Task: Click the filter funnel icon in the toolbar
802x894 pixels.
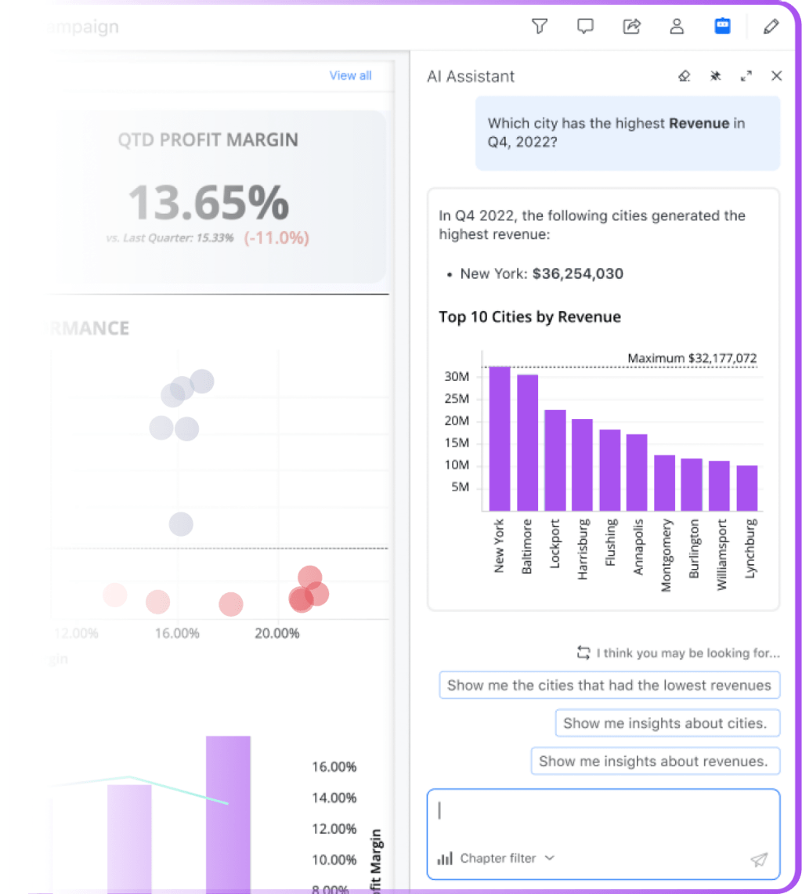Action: [x=539, y=27]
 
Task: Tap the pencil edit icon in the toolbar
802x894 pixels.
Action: [x=771, y=27]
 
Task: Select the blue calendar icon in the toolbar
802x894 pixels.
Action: [x=722, y=27]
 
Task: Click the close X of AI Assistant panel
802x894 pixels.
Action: [x=776, y=76]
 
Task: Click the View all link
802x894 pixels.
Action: [x=350, y=75]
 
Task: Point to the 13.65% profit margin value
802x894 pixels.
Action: [x=208, y=202]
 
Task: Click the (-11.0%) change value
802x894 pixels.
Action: [x=276, y=238]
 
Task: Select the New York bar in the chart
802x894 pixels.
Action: [x=500, y=439]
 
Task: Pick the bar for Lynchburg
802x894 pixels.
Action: [x=746, y=488]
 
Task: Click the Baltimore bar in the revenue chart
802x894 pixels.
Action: [x=527, y=443]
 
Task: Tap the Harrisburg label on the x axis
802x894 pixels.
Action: [x=582, y=548]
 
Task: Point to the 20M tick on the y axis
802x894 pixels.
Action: [x=456, y=421]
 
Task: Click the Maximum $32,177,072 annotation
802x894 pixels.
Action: [x=692, y=358]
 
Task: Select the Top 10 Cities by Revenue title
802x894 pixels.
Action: [x=529, y=317]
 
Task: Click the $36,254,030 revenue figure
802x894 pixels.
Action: [x=577, y=273]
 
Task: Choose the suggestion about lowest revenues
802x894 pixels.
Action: [x=609, y=685]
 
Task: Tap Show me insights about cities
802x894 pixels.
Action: [x=667, y=723]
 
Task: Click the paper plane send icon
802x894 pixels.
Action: [x=758, y=860]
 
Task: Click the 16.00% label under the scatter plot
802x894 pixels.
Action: [x=177, y=633]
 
